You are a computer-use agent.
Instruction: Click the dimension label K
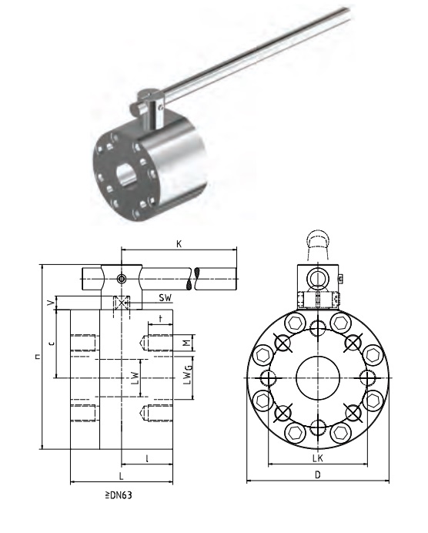[179, 243]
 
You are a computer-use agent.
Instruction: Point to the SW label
[166, 298]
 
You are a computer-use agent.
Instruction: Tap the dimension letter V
[51, 302]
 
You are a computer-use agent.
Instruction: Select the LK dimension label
[318, 458]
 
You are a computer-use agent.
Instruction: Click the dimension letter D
[318, 474]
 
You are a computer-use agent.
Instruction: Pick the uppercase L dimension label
[122, 476]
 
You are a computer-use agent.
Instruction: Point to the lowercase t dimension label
[161, 318]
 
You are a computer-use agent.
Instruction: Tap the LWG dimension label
[188, 374]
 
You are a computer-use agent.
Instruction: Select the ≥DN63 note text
[119, 495]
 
